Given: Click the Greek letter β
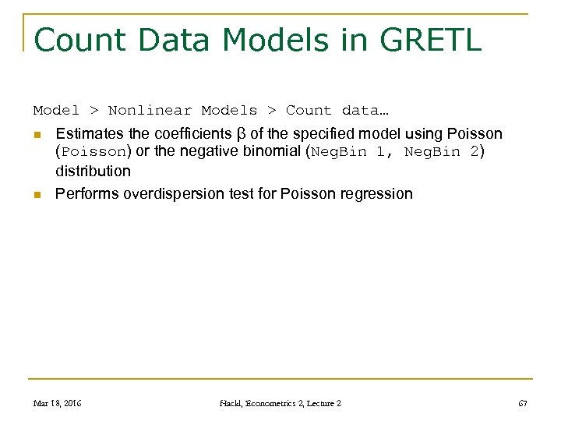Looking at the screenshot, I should (240, 133).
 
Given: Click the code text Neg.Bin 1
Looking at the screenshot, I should (348, 152).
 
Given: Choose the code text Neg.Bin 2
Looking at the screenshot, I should (441, 152).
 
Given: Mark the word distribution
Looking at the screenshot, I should (93, 170).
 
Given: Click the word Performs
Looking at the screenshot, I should (86, 193).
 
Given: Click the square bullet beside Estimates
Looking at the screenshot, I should (37, 135).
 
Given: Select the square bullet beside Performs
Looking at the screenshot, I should (37, 194).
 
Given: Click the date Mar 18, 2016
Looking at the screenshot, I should (58, 403).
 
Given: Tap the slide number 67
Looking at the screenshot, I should (522, 403).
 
